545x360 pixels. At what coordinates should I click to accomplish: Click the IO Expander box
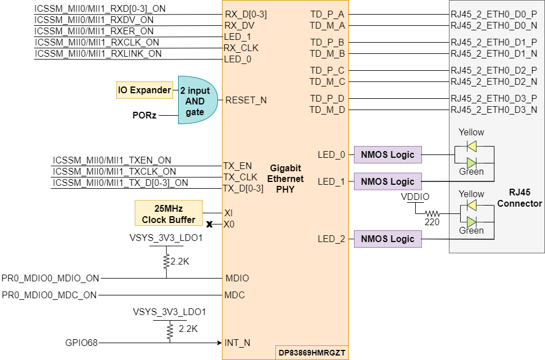[144, 90]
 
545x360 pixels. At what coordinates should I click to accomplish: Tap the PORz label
[144, 115]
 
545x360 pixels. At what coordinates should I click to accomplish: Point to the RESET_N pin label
[246, 101]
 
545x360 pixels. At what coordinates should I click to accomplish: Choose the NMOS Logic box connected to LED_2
[388, 239]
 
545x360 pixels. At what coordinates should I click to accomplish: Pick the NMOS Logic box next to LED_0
[388, 154]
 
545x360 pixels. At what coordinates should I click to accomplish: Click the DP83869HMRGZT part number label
[312, 353]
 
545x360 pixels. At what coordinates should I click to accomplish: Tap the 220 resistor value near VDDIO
[432, 222]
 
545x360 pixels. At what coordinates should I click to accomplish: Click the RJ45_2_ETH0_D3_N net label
[494, 110]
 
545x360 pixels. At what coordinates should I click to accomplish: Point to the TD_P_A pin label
[327, 14]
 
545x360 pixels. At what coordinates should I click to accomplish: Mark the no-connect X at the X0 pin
[210, 225]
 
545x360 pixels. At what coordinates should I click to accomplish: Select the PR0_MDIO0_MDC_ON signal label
[49, 295]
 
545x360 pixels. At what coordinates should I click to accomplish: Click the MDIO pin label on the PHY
[237, 278]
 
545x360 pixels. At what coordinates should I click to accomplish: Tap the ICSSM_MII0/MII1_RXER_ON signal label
[94, 31]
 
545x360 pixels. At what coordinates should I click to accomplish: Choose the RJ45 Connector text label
[520, 198]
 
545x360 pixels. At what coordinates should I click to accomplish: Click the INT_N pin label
[237, 342]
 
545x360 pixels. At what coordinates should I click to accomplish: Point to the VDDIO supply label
[415, 198]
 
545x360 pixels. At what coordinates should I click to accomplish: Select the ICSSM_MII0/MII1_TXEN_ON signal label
[112, 161]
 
